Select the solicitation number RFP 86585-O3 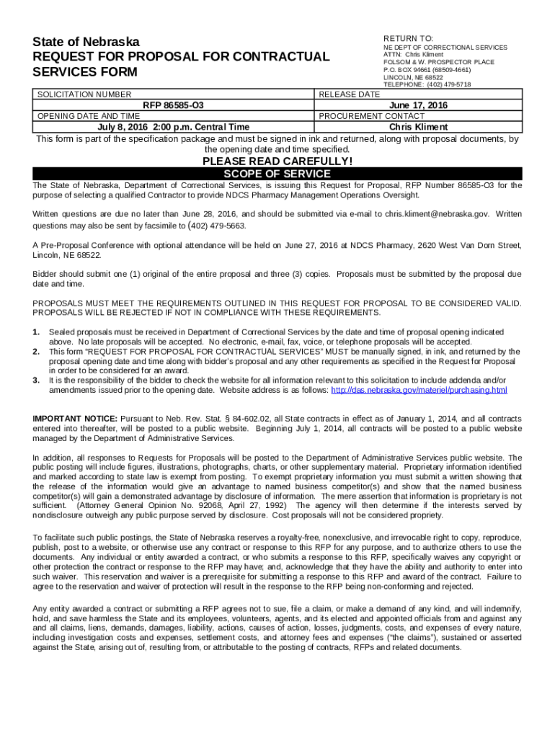tap(174, 105)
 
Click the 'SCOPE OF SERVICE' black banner tap(277, 174)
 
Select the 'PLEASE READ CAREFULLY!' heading tap(277, 161)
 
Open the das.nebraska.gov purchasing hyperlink tap(418, 390)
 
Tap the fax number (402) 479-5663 tap(217, 226)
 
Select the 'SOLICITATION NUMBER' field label tap(84, 94)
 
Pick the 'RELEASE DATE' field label tap(349, 94)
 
